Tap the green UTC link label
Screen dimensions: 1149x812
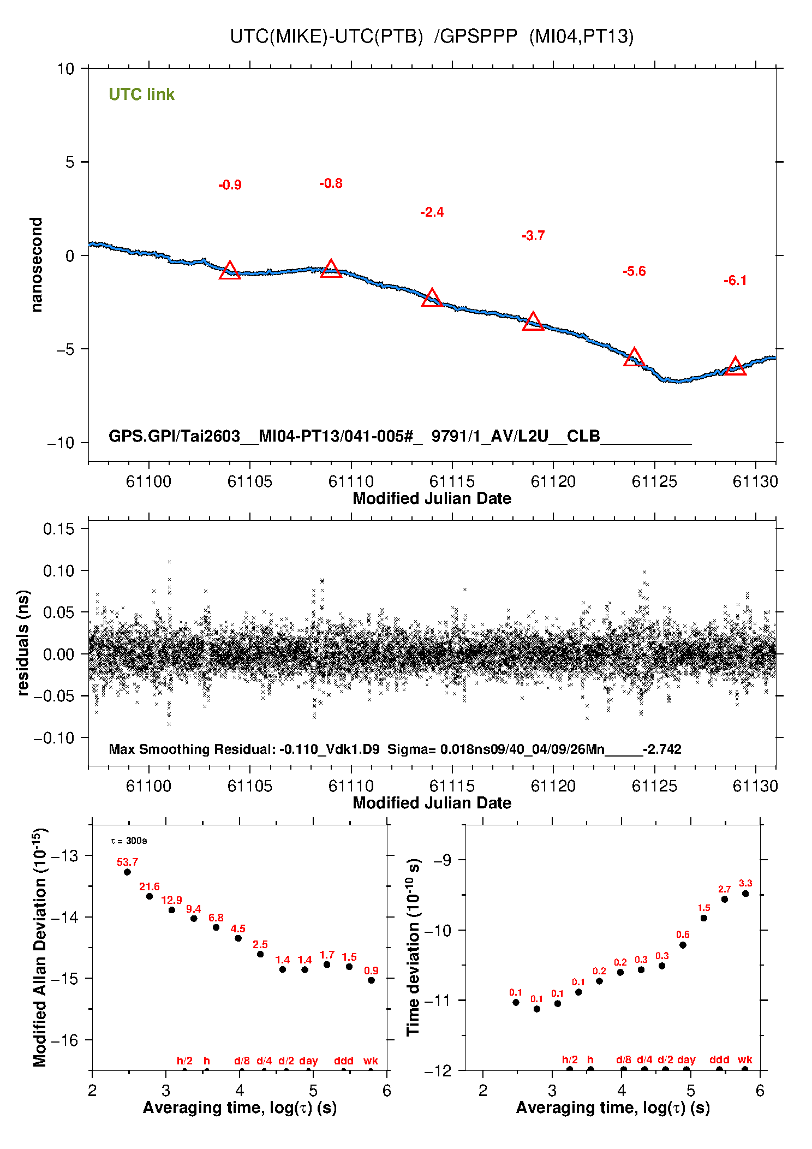point(141,94)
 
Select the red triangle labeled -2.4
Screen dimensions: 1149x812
point(432,298)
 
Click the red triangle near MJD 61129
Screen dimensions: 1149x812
point(735,366)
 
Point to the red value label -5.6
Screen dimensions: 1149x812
point(634,271)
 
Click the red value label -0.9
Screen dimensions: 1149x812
point(230,185)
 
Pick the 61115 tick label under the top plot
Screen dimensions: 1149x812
point(452,481)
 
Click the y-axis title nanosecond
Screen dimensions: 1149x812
point(37,265)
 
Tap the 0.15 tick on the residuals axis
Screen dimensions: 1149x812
point(58,528)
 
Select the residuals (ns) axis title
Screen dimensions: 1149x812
point(23,642)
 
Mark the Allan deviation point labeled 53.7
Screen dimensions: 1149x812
point(127,872)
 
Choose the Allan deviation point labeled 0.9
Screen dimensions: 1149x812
point(371,980)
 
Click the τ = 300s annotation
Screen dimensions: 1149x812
point(129,841)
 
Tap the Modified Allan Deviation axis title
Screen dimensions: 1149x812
point(39,947)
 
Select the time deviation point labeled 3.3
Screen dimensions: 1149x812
point(745,894)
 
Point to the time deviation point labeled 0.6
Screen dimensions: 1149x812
point(683,945)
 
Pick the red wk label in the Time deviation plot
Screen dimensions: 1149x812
point(745,1059)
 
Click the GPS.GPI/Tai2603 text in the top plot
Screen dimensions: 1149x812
point(175,436)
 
